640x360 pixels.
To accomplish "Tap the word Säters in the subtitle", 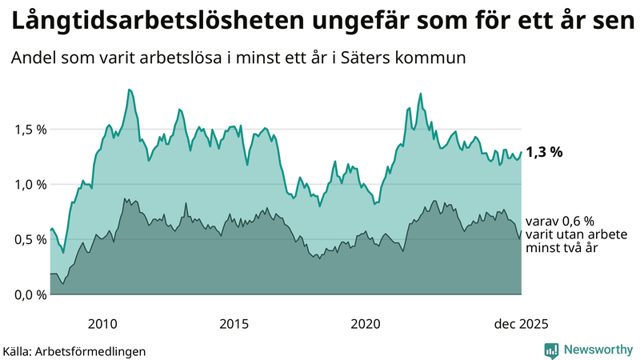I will pyautogui.click(x=364, y=59).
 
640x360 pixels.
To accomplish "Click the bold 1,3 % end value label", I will pyautogui.click(x=545, y=152).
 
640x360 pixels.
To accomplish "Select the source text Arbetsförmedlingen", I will pyautogui.click(x=89, y=350).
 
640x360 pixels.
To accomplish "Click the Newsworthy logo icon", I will pyautogui.click(x=551, y=350).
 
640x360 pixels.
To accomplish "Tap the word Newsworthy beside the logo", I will pyautogui.click(x=598, y=350).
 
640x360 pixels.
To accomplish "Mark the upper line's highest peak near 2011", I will pyautogui.click(x=130, y=90).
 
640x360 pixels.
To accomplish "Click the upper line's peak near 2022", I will pyautogui.click(x=420, y=94).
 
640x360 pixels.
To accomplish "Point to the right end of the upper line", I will pyautogui.click(x=521, y=152).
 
